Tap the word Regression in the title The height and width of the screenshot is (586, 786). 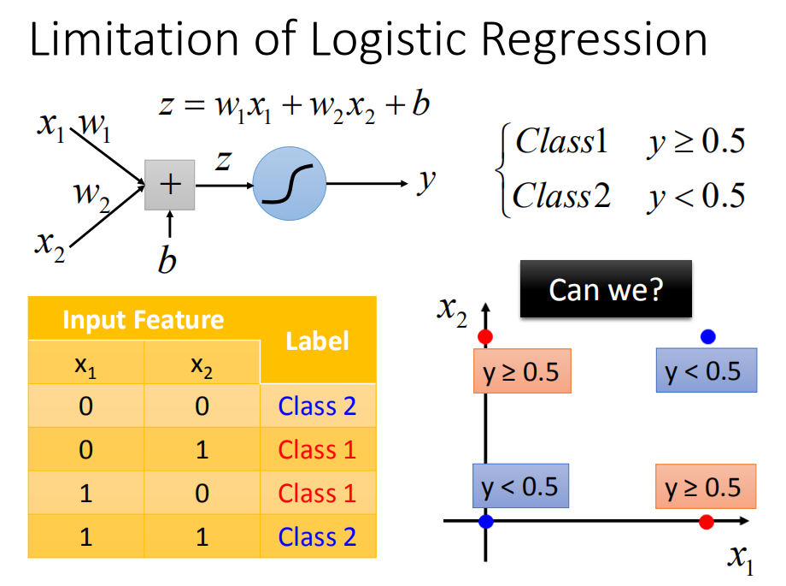[595, 42]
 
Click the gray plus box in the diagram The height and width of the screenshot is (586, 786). [169, 185]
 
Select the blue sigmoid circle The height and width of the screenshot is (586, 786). [290, 183]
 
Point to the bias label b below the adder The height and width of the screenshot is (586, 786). [167, 260]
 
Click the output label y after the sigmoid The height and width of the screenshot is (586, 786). [426, 181]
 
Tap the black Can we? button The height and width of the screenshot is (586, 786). [606, 289]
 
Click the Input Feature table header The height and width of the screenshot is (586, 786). [144, 319]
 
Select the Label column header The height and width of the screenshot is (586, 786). [317, 341]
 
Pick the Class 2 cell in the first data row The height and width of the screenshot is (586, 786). [317, 405]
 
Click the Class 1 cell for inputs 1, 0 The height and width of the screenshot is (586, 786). [317, 493]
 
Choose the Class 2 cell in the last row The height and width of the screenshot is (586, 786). [317, 536]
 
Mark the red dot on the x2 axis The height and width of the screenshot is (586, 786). [485, 337]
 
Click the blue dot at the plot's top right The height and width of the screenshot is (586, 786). [707, 336]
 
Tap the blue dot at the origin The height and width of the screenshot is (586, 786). [486, 521]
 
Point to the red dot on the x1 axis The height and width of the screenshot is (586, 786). [707, 522]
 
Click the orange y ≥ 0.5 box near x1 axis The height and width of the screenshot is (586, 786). [706, 487]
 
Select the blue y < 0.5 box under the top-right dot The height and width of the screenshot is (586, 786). [707, 370]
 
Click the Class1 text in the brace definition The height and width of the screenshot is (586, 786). [561, 140]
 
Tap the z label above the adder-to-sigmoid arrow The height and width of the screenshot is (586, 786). [223, 161]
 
